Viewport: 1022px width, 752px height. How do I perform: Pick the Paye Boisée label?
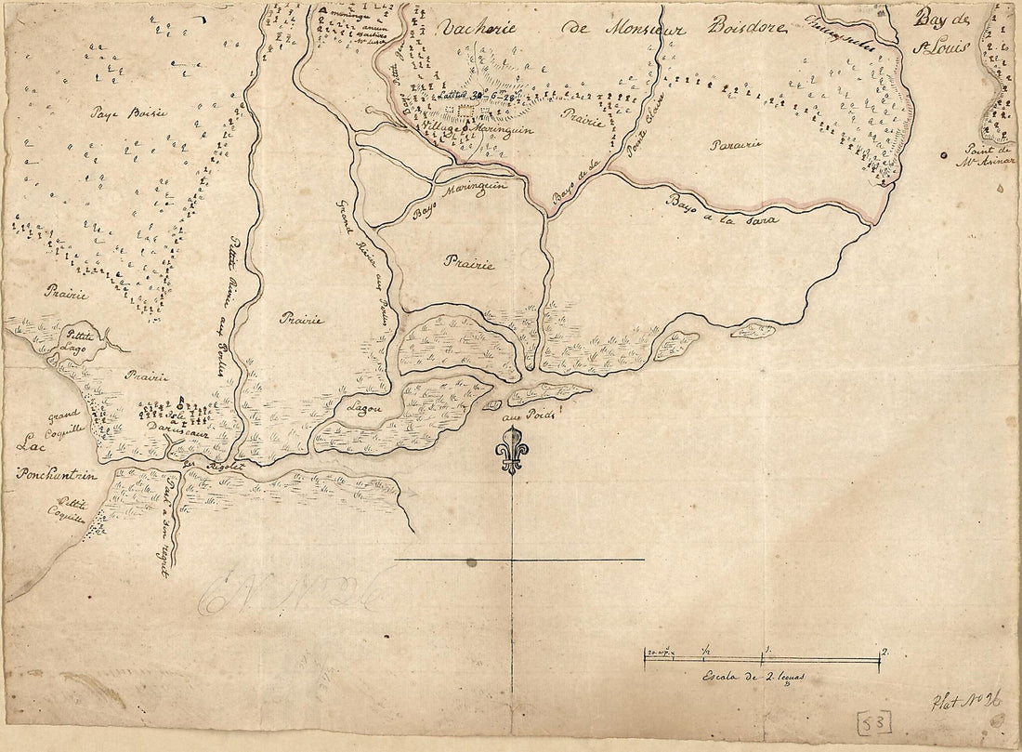click(129, 113)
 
